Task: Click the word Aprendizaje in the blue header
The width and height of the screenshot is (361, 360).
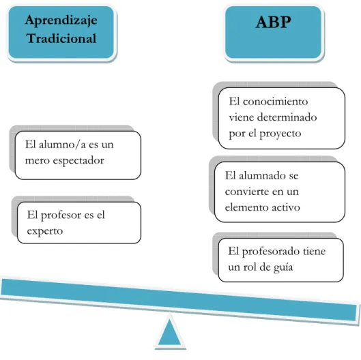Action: [61, 21]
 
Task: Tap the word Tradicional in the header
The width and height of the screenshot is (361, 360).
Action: [61, 38]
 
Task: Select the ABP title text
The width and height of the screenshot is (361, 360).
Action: [273, 22]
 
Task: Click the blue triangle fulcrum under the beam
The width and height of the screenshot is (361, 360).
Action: [170, 332]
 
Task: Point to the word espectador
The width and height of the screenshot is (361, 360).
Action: [78, 161]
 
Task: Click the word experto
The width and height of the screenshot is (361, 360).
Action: [44, 231]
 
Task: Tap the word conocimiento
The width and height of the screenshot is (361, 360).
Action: [275, 102]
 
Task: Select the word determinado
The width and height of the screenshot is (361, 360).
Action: [287, 117]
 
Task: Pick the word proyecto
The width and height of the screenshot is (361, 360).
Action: [280, 134]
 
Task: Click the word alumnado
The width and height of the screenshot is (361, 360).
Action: [262, 176]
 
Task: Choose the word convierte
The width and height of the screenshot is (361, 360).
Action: [250, 192]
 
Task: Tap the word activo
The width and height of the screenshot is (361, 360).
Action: [286, 207]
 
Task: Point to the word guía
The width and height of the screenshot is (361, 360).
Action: [283, 267]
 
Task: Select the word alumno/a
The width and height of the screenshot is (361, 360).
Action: [62, 145]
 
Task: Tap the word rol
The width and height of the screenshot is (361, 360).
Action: [250, 267]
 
